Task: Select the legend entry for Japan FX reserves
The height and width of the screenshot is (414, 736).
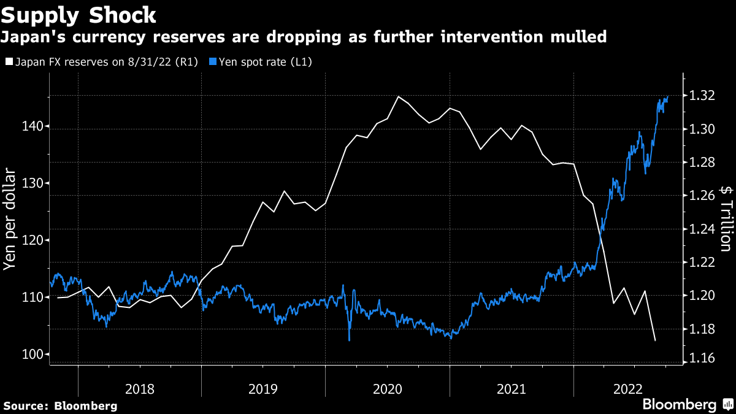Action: (101, 62)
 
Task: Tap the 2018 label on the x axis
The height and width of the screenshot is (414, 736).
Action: (140, 388)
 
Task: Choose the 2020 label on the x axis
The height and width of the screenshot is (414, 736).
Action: (387, 388)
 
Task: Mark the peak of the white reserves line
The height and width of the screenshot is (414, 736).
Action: (399, 96)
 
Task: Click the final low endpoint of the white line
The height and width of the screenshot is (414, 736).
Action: (655, 340)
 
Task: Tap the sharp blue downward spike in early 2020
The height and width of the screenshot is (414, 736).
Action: (349, 340)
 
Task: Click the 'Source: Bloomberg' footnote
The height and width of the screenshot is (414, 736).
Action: (60, 405)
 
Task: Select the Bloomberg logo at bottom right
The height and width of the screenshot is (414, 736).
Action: (687, 404)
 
